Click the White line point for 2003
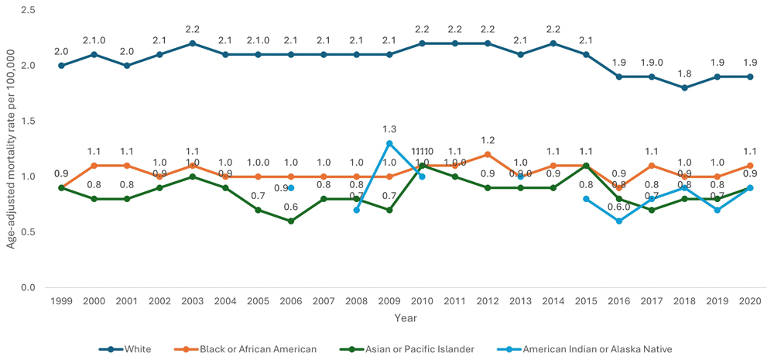pyautogui.click(x=192, y=43)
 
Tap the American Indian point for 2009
pyautogui.click(x=389, y=143)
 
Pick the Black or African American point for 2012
pyautogui.click(x=488, y=154)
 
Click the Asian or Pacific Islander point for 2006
pyautogui.click(x=291, y=221)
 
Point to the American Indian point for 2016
pyautogui.click(x=619, y=221)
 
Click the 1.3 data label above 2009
pyautogui.click(x=389, y=129)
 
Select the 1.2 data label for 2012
pyautogui.click(x=488, y=140)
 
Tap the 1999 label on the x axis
pyautogui.click(x=60, y=301)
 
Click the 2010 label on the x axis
pyautogui.click(x=422, y=301)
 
